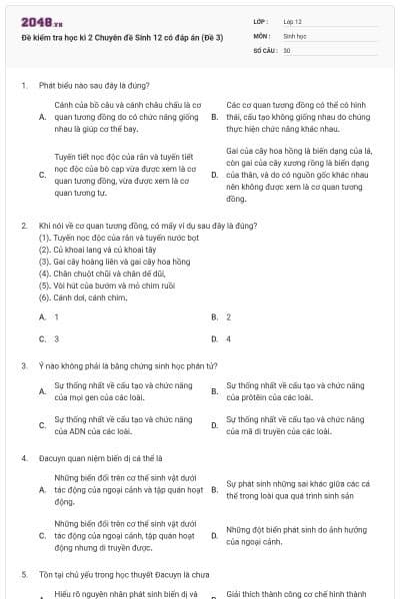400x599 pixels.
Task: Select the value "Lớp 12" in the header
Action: [x=293, y=21]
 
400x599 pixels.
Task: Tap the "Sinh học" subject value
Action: [x=294, y=35]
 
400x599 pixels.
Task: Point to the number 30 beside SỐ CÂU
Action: [x=287, y=49]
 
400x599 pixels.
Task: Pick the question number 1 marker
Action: [x=23, y=86]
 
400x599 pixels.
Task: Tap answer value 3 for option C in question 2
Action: [x=56, y=338]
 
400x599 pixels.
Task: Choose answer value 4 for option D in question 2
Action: [x=228, y=338]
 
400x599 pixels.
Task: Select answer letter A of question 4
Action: [x=42, y=490]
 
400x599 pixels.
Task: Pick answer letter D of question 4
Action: [x=214, y=536]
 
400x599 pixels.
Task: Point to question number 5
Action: [x=23, y=575]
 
